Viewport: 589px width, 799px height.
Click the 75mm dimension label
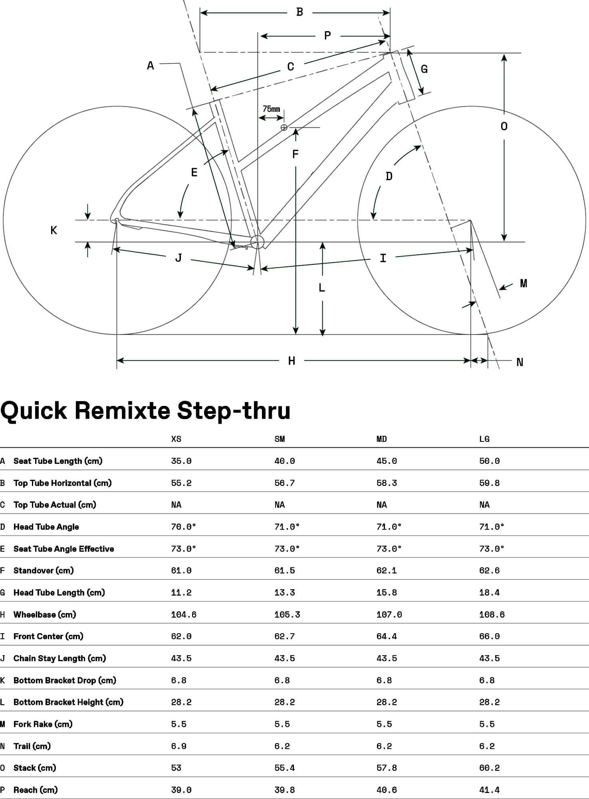[271, 109]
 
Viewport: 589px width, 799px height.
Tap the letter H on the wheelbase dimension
[292, 361]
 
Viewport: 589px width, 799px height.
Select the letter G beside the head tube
[424, 69]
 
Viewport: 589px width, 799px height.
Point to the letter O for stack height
[504, 127]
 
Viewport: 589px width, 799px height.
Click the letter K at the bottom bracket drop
[54, 230]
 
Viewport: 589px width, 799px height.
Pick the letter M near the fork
[524, 283]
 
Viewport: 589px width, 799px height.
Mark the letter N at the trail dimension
[520, 362]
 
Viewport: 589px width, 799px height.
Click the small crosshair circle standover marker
[284, 127]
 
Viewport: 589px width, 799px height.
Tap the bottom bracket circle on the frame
[258, 242]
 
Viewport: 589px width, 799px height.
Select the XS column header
[176, 439]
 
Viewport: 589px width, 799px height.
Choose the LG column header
[484, 439]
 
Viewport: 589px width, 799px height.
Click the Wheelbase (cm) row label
[45, 614]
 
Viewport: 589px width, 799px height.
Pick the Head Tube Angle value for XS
[184, 527]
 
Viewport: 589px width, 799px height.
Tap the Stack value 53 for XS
[176, 768]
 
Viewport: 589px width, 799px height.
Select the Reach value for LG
[490, 790]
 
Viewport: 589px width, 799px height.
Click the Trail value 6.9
[178, 746]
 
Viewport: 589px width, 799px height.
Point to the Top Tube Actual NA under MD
[382, 505]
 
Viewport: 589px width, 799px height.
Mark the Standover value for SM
[285, 570]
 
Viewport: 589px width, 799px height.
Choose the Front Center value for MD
[387, 636]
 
